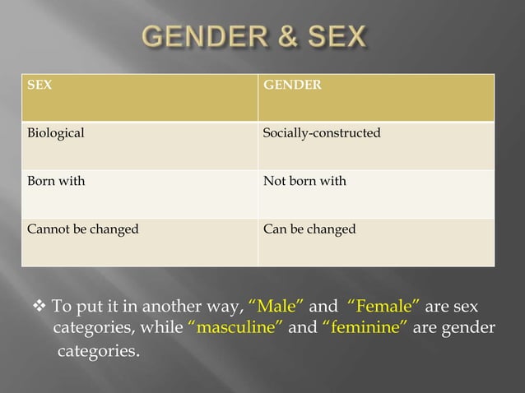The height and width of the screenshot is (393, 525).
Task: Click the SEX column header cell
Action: tap(138, 98)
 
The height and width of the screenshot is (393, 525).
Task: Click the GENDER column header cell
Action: tap(376, 98)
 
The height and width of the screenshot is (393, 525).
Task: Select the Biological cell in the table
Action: tap(138, 146)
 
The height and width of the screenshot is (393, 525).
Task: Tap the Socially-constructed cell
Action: tap(376, 146)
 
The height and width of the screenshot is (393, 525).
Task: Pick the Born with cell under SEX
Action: tap(138, 194)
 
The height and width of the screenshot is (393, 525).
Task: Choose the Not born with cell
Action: tap(376, 194)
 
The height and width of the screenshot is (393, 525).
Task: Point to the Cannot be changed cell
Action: tap(138, 243)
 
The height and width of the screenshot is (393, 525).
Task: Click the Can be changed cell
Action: tap(376, 243)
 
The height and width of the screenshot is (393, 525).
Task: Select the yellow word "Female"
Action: tap(384, 308)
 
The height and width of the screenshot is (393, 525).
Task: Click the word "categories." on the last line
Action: tap(98, 353)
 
